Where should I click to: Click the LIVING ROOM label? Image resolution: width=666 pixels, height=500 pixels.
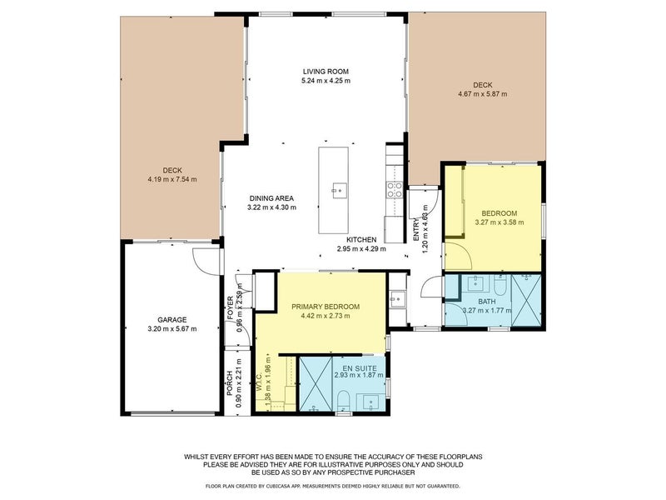326,72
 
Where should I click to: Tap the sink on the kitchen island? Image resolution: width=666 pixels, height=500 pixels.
338,190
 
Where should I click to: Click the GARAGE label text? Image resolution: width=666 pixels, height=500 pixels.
172,319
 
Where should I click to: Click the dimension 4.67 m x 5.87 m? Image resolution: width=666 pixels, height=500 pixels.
483,94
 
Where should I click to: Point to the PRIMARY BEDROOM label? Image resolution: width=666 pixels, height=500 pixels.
326,307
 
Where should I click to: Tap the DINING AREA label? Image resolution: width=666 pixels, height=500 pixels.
271,197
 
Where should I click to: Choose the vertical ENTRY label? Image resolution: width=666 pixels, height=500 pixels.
417,229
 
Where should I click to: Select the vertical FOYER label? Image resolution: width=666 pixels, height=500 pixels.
230,307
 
